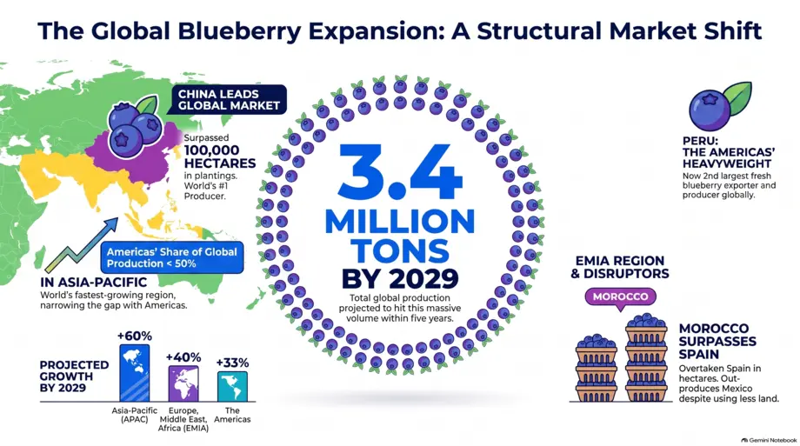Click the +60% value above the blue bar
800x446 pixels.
[x=135, y=336]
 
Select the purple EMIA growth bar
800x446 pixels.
[x=183, y=383]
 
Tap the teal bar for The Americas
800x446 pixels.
[x=233, y=386]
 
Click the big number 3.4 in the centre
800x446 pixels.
[x=400, y=171]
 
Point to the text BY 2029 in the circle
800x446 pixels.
[x=400, y=278]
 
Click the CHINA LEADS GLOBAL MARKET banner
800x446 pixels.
[x=229, y=99]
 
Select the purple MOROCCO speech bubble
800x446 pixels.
[x=620, y=297]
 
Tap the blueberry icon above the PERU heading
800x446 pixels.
[x=719, y=106]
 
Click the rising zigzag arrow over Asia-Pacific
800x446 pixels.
[x=82, y=245]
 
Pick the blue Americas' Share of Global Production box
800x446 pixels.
[x=172, y=257]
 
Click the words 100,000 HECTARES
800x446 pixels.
[x=220, y=156]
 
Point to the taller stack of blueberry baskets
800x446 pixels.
[x=646, y=357]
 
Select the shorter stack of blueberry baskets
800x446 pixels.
[x=597, y=368]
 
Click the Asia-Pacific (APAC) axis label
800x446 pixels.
[x=135, y=415]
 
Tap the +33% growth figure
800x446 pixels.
[x=233, y=363]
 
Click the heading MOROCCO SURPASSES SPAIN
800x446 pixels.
[x=717, y=342]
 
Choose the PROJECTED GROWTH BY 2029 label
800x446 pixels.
[x=75, y=376]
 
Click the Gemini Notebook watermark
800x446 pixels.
[x=769, y=440]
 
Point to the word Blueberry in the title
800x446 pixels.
[x=239, y=31]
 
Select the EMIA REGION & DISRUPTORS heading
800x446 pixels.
[x=620, y=268]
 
